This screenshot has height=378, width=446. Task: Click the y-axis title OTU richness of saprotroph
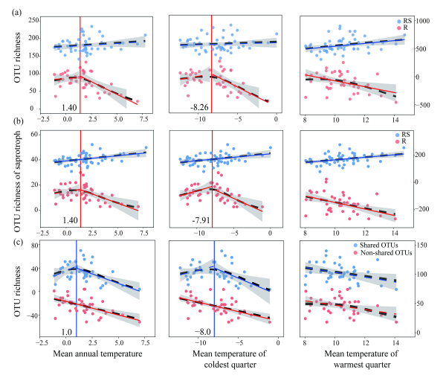pos(16,177)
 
